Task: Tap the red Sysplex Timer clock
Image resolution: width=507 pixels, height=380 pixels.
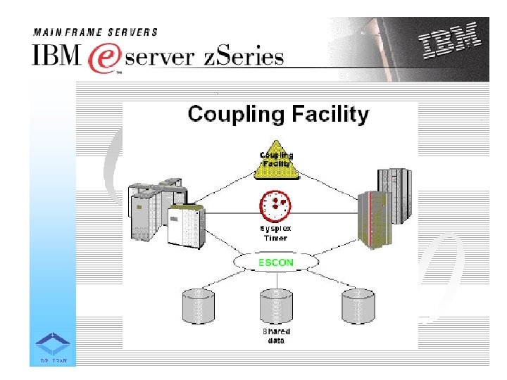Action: coord(275,205)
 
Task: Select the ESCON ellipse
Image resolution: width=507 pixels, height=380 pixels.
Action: coord(276,262)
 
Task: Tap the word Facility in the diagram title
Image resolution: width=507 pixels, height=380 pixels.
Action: coord(330,113)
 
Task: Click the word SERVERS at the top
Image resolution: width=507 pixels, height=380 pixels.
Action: coord(134,32)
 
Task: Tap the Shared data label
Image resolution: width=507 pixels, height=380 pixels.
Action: coord(276,336)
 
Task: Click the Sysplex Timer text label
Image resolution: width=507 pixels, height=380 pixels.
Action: coord(275,234)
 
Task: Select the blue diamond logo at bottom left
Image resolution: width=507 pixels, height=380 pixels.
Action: coord(53,344)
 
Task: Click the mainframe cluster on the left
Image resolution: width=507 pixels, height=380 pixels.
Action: coord(165,211)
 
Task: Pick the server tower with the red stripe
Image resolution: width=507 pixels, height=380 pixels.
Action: coord(372,218)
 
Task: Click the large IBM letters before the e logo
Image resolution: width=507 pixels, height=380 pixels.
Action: coord(57,56)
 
